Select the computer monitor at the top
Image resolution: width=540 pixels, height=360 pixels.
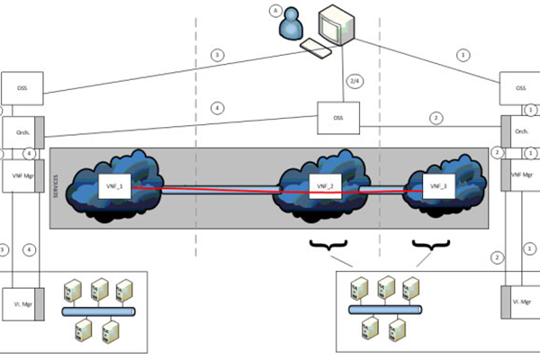[x=336, y=22]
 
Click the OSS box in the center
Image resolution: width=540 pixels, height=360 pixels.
[x=338, y=116]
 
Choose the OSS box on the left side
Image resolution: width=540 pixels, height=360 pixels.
[x=22, y=88]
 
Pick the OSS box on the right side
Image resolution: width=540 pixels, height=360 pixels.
[x=520, y=88]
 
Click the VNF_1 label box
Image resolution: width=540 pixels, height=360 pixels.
[x=114, y=186]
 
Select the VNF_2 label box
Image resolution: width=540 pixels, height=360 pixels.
[x=324, y=186]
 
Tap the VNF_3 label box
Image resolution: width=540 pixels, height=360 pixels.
[x=437, y=186]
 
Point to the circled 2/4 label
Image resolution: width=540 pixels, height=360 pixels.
[x=355, y=82]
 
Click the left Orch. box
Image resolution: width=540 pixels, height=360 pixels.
[x=20, y=131]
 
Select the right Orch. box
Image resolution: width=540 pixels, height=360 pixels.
[x=520, y=131]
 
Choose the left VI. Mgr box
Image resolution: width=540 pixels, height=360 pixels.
[x=20, y=301]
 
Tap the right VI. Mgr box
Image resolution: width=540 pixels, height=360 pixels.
[x=520, y=301]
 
